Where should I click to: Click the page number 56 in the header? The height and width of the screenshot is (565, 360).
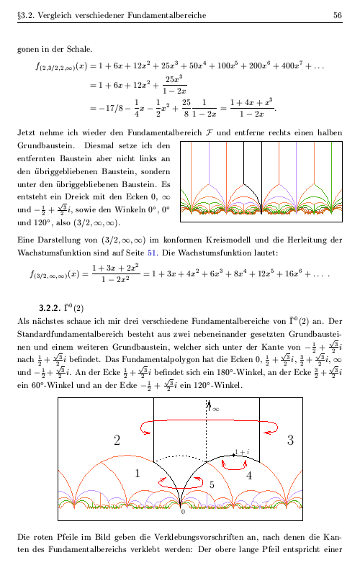337,15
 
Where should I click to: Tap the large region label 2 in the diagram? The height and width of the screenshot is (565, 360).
117,440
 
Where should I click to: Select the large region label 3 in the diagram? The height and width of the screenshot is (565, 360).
290,440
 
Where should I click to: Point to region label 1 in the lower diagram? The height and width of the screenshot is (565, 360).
138,473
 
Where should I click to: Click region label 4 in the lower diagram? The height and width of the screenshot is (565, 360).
248,476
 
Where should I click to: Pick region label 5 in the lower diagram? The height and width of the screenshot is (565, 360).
212,485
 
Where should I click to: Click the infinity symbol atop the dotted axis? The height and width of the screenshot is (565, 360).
215,409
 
